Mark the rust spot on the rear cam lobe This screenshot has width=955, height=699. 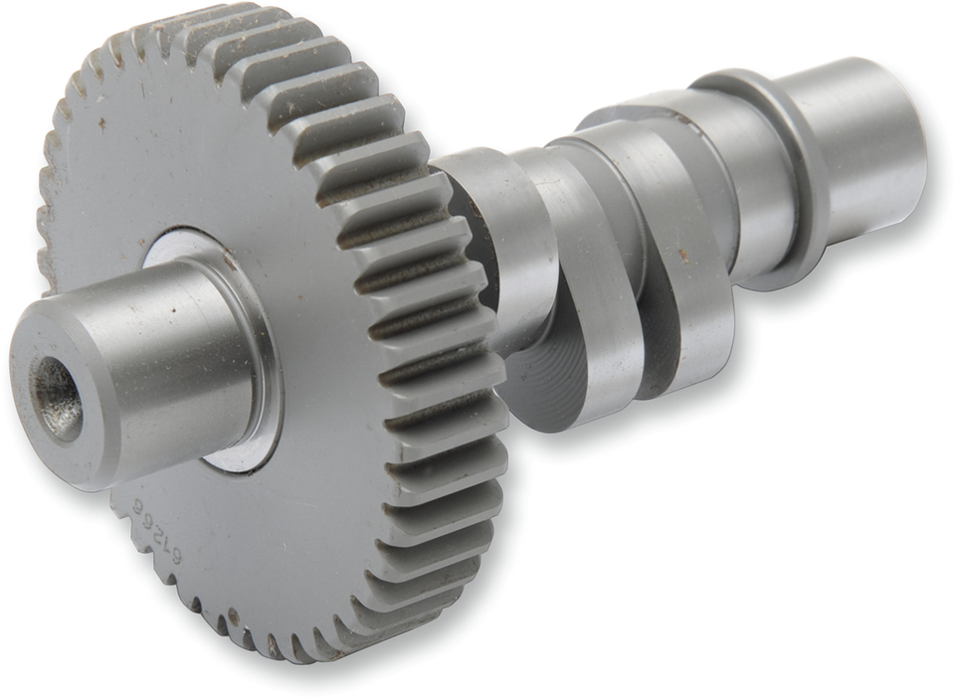point(683,256)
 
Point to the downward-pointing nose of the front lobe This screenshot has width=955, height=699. point(567,408)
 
